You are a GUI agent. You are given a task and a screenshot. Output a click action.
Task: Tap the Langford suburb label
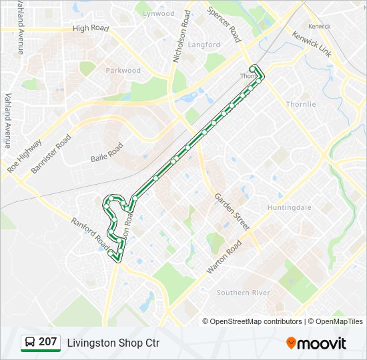pos(204,45)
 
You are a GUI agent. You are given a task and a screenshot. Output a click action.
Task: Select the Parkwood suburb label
pos(123,70)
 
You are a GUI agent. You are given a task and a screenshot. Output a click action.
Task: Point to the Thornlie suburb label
pos(301,104)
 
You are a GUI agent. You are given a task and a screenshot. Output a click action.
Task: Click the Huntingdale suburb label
pos(290,207)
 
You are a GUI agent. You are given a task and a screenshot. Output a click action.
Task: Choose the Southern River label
pos(244,293)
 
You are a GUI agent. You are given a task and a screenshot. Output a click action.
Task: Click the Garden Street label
pos(232,211)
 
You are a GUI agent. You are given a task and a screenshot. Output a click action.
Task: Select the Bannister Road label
pos(51,155)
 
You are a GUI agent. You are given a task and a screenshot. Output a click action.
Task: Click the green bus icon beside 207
pos(29,343)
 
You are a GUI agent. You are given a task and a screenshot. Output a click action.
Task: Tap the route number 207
pos(48,342)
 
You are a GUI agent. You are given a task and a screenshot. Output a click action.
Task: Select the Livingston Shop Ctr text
pos(113,343)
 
